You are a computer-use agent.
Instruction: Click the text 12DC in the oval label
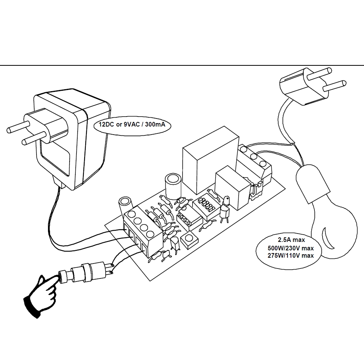click(x=105, y=125)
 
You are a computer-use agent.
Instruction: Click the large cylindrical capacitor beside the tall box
click(x=173, y=186)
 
